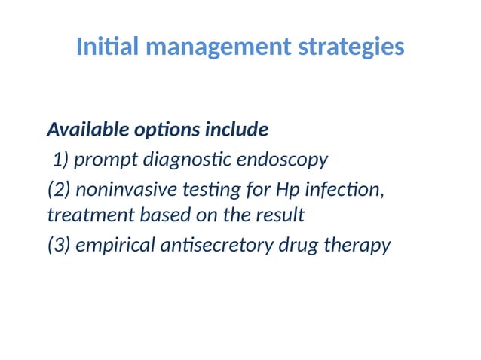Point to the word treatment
[x=89, y=215]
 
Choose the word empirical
[x=115, y=246]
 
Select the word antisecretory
[x=224, y=246]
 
